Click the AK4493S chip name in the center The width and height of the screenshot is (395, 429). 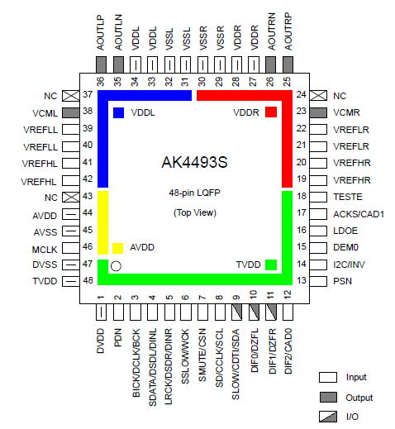tap(194, 162)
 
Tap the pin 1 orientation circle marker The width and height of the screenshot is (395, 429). tap(116, 266)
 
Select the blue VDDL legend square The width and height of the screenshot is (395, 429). tap(118, 112)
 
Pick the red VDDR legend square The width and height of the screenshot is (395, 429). tap(271, 112)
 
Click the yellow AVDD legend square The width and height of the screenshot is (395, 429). tap(117, 248)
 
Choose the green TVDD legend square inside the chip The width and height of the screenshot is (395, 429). tap(271, 265)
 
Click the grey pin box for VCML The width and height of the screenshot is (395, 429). tap(71, 112)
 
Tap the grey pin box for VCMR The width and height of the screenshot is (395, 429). tap(318, 112)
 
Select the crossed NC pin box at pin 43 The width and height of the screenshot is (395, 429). tap(71, 198)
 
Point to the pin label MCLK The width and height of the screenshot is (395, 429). tap(45, 250)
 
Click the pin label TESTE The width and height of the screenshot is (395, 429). tap(348, 197)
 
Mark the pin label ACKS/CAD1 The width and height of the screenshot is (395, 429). tap(359, 214)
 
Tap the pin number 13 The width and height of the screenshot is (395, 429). tap(302, 280)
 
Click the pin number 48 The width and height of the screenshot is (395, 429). tap(88, 280)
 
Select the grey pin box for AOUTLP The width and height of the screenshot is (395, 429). tap(101, 65)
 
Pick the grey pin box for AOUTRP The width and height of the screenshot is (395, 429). tap(288, 65)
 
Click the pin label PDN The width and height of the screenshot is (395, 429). tap(118, 337)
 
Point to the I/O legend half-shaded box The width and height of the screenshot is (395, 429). tap(328, 417)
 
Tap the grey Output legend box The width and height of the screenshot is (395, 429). tap(328, 398)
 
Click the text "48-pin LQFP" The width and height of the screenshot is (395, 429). tap(195, 193)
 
